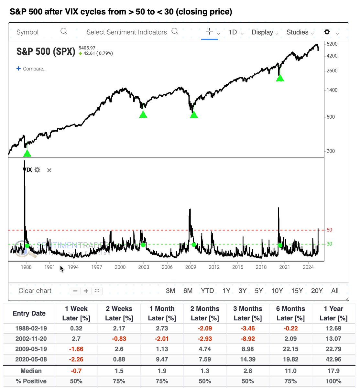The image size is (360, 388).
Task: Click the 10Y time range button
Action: (277, 291)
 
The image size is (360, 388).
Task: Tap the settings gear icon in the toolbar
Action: (327, 32)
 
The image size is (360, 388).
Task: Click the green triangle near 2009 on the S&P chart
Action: (194, 114)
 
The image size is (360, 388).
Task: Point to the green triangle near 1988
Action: (27, 153)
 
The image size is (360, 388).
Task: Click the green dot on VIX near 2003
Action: (143, 245)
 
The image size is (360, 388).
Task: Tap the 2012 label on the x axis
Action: (214, 267)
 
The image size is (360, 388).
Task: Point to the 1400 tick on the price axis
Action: (331, 90)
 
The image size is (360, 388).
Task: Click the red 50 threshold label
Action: (329, 230)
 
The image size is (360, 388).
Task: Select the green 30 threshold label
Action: (329, 244)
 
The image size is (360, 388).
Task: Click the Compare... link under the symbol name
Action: (32, 69)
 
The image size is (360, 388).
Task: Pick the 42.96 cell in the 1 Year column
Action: (333, 359)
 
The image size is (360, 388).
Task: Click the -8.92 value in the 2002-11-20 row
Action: (248, 339)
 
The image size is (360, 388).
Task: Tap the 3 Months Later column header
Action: (248, 313)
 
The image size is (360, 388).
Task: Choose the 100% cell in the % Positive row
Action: (333, 381)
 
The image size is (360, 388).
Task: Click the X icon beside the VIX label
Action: (49, 170)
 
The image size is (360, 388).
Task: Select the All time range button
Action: (335, 291)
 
